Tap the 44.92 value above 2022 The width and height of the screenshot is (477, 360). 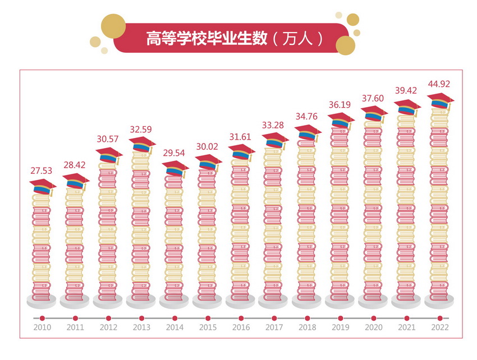pyautogui.click(x=439, y=85)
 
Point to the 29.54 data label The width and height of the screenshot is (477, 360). pyautogui.click(x=175, y=154)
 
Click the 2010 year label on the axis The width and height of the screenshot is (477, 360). pyautogui.click(x=42, y=327)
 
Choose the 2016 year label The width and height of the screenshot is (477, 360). pyautogui.click(x=241, y=327)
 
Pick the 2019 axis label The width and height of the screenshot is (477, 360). pyautogui.click(x=340, y=327)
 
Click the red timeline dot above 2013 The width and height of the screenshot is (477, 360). pyautogui.click(x=141, y=318)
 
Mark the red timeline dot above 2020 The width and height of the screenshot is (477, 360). pyautogui.click(x=373, y=318)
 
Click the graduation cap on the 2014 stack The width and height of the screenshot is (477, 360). pyautogui.click(x=175, y=168)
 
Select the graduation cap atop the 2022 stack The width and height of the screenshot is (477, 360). pyautogui.click(x=441, y=101)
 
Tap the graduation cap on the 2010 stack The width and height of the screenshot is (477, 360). pyautogui.click(x=42, y=187)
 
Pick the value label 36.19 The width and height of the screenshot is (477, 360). pyautogui.click(x=340, y=104)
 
